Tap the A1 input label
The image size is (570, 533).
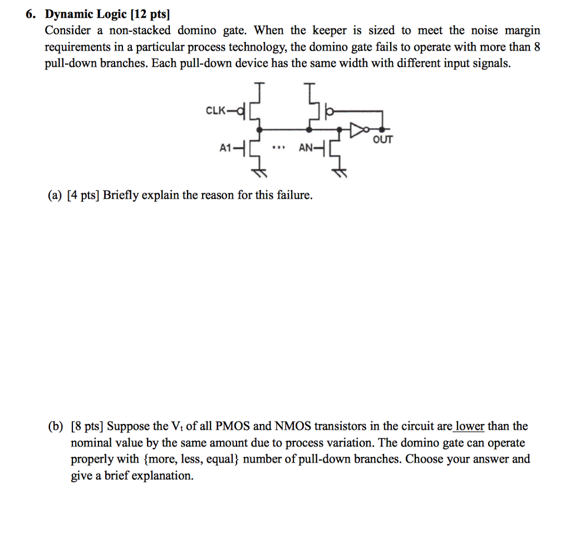[225, 149]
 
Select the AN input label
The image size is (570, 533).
[306, 149]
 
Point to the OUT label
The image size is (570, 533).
[383, 139]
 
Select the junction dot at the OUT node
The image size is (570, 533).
[381, 129]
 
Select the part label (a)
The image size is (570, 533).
[55, 195]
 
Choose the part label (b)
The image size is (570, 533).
[55, 427]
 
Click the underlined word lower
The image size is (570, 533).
[469, 427]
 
